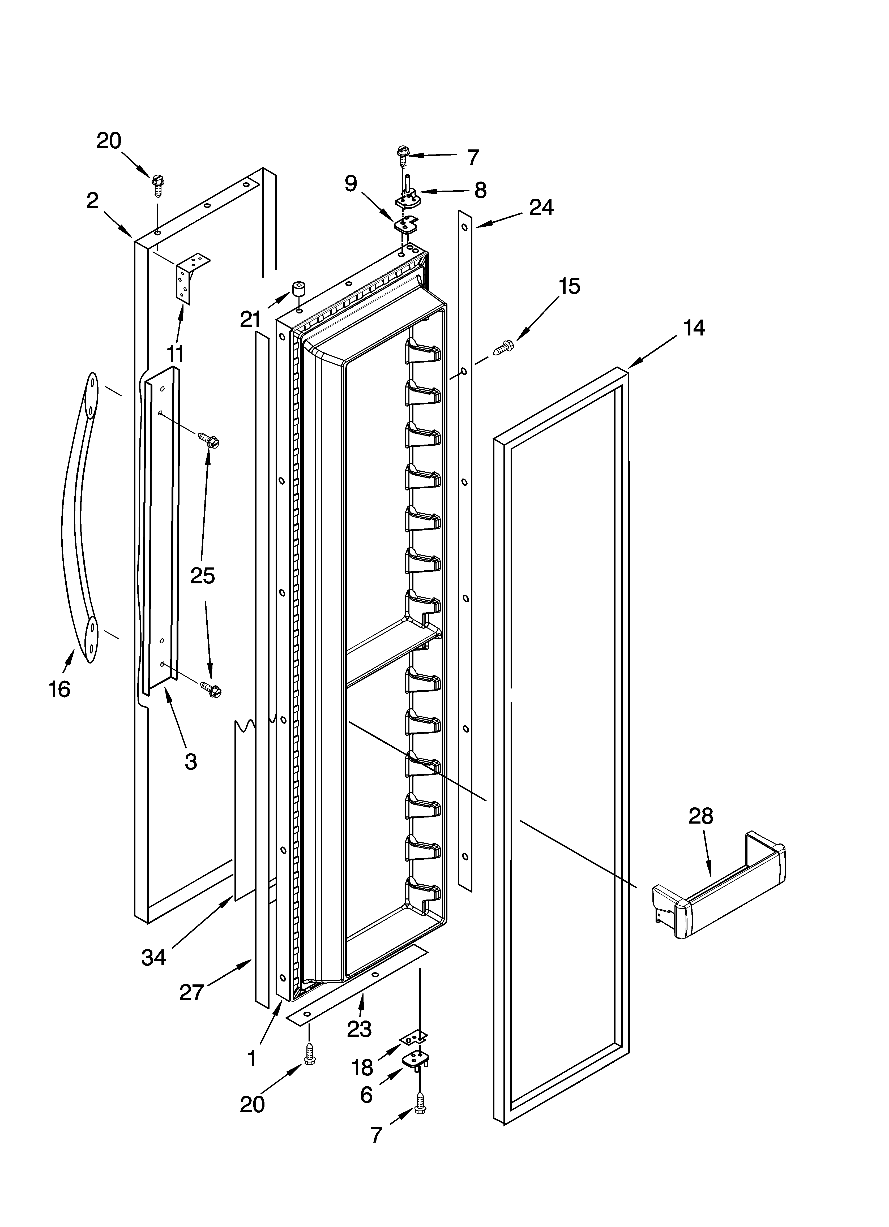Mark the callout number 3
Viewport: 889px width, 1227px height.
(191, 762)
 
